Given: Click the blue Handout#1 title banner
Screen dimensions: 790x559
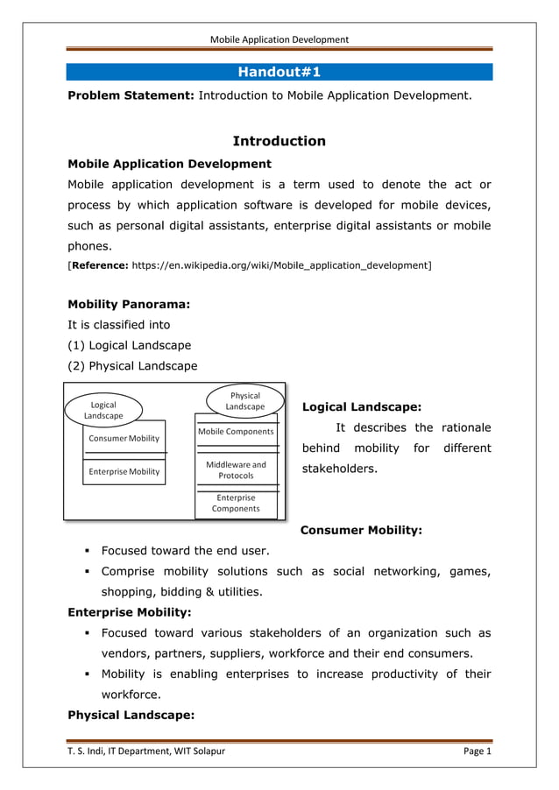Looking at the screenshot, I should [x=279, y=72].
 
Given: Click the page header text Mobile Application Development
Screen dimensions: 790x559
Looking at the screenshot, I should [x=279, y=39].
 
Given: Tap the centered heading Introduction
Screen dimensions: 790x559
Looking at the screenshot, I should [x=279, y=141].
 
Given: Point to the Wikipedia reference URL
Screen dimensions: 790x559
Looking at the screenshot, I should [x=280, y=264].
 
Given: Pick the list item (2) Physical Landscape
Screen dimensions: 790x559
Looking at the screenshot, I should [x=132, y=366].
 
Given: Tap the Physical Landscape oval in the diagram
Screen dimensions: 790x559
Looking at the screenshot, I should [x=244, y=401].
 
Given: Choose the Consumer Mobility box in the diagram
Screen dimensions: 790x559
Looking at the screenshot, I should [x=124, y=438].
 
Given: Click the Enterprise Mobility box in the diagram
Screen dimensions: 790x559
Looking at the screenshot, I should [x=124, y=471].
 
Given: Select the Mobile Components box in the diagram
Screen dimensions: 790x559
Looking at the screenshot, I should [x=236, y=431].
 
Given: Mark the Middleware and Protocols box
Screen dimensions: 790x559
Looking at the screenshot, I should [x=236, y=469].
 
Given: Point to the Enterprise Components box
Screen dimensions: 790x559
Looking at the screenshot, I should [x=236, y=503].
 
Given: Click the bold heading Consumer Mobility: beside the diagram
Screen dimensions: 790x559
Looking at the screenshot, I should [x=361, y=530].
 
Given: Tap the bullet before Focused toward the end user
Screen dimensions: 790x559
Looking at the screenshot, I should [x=88, y=551].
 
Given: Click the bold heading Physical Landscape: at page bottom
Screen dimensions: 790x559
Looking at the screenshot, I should [x=131, y=716].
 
